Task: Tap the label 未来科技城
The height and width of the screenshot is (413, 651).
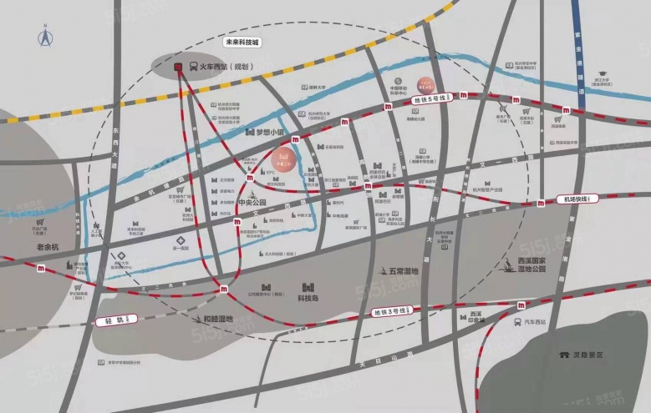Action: [x=242, y=42]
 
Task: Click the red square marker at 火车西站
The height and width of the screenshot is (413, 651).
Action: [x=178, y=67]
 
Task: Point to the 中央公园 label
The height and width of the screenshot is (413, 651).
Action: [x=252, y=203]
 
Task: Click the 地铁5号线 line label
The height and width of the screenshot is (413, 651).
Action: [x=431, y=99]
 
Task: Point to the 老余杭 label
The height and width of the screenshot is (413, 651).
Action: [x=48, y=248]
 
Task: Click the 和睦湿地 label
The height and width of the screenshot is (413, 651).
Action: [x=218, y=317]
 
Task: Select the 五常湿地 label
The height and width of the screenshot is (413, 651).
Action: [x=403, y=270]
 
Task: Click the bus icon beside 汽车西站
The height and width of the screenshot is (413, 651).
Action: [x=519, y=321]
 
